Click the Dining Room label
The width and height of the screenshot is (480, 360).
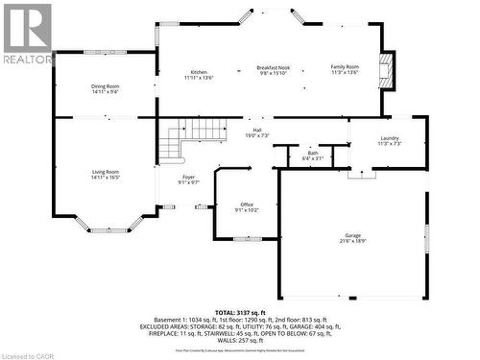tap(106, 86)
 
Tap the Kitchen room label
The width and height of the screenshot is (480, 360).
tap(199, 72)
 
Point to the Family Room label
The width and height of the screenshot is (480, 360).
tap(345, 66)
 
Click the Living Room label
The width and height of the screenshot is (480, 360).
tap(106, 171)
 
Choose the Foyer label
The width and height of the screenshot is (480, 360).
tap(189, 177)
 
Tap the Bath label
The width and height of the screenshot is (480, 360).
tap(313, 152)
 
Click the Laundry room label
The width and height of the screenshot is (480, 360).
tap(389, 138)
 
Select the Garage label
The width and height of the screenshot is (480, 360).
tap(353, 235)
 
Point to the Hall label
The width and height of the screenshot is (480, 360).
tap(257, 130)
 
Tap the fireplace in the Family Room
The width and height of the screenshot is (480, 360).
tap(386, 70)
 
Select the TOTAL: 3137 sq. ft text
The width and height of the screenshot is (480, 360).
tap(240, 313)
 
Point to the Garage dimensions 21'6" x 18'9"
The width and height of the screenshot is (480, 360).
tap(353, 241)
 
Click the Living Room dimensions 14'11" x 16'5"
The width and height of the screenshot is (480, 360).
tap(106, 177)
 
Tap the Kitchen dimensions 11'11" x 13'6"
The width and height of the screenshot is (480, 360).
tap(199, 77)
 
